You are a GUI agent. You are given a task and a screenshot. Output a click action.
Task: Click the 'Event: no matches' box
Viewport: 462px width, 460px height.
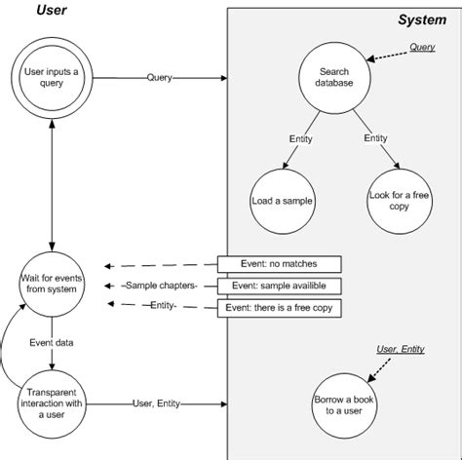pyautogui.click(x=279, y=264)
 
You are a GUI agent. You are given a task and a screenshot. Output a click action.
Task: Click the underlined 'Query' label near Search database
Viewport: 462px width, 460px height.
pyautogui.click(x=421, y=47)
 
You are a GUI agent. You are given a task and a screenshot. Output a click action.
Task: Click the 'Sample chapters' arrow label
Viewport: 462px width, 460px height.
pyautogui.click(x=161, y=286)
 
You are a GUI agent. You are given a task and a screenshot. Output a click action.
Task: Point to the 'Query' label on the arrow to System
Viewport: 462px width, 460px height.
pyautogui.click(x=160, y=77)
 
